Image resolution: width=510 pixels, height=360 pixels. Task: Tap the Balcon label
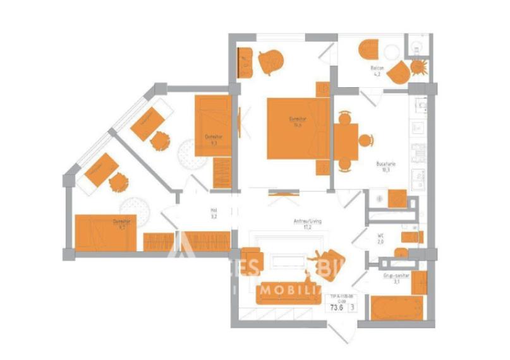coord(376,68)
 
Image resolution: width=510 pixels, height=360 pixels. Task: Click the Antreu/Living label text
coord(307,221)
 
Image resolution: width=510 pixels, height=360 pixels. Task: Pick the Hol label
coord(214,211)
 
